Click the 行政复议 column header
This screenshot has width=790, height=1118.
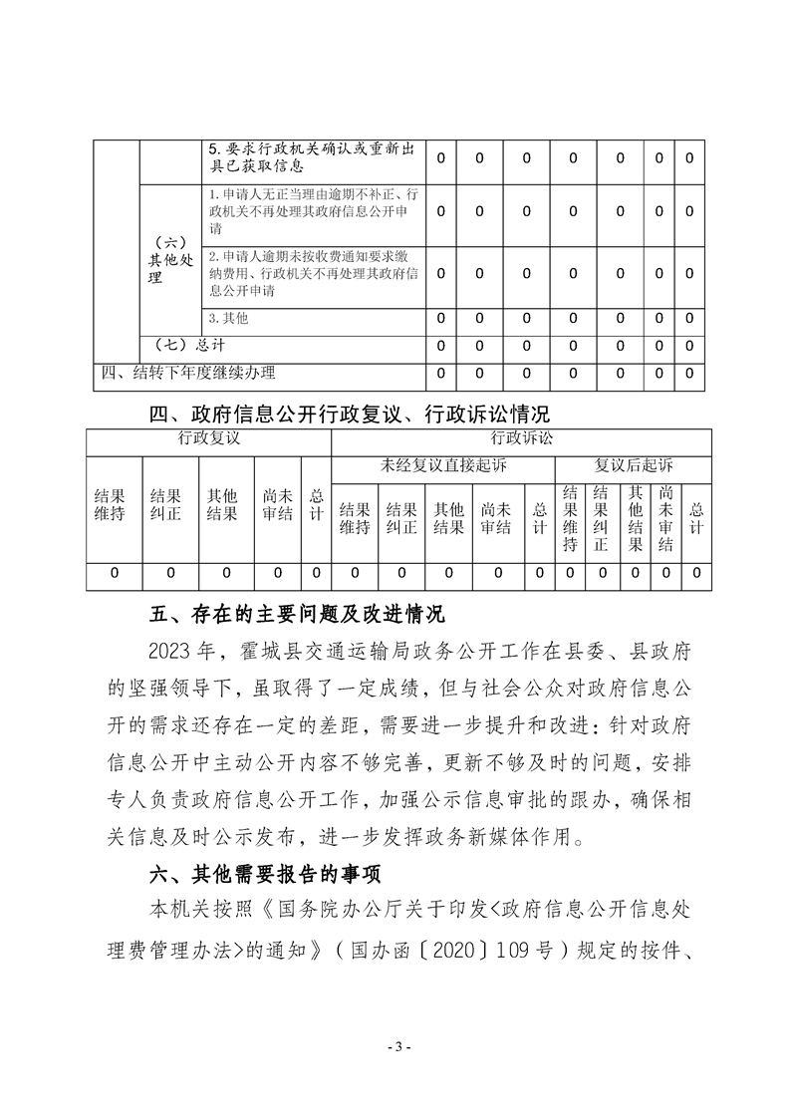[x=209, y=437]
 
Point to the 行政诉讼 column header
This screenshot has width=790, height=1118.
[x=521, y=437]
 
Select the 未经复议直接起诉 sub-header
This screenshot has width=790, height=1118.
[x=443, y=465]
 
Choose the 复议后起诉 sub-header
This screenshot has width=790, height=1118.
[x=634, y=465]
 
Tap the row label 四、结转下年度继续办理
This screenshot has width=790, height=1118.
[x=190, y=373]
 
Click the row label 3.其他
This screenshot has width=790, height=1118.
[x=228, y=318]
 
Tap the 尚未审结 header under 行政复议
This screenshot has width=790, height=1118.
[x=278, y=505]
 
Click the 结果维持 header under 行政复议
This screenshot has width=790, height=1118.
[x=110, y=505]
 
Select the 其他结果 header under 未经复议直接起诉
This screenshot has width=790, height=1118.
[x=448, y=518]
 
